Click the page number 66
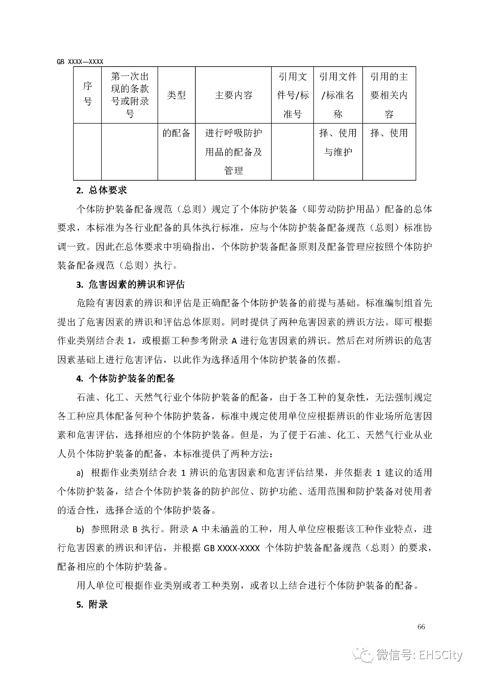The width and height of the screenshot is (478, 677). coord(421,627)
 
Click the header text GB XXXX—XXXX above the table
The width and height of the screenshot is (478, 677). coord(80,62)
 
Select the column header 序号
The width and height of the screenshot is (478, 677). coord(87,95)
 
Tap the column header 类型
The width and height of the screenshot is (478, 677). coord(176,95)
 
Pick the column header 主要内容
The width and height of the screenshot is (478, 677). coord(233,95)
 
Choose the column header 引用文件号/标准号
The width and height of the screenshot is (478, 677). coord(292,95)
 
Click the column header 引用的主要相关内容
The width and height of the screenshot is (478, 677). coord(389,95)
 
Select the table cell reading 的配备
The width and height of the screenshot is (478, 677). coord(176,133)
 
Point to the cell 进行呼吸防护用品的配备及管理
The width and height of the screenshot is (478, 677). coord(233,152)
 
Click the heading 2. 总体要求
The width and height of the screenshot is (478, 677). coord(102,190)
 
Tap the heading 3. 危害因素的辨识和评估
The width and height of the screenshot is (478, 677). coord(130,285)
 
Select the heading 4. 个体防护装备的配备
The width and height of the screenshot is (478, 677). coord(125,379)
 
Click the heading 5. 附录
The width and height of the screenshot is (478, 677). coord(92,604)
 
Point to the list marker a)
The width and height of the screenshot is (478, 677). coord(80,473)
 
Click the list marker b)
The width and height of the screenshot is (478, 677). coord(80,530)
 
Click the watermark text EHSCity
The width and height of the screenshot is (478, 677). coord(440,655)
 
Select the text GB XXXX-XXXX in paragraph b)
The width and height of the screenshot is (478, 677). coord(232,548)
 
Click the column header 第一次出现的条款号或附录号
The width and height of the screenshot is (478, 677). coord(130,95)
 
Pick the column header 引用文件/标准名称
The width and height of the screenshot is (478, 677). coord(338,95)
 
